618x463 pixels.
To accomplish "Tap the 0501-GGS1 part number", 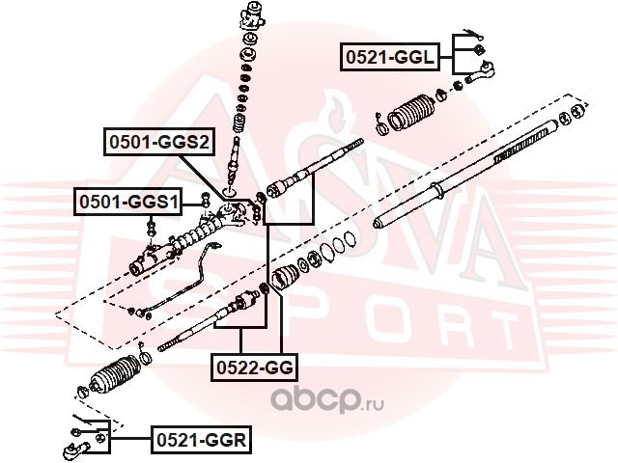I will [128, 203].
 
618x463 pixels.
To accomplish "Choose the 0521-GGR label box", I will [199, 442].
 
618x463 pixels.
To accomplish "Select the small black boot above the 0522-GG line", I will [284, 279].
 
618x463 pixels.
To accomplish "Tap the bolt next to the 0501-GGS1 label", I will [205, 201].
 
